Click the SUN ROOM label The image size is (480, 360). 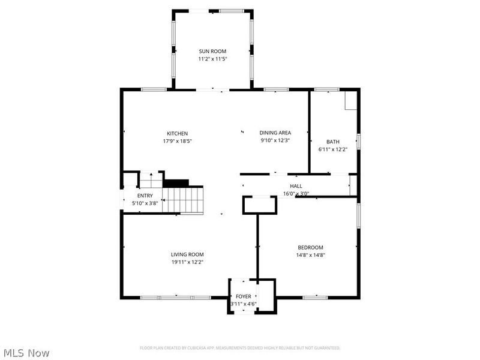click(212, 52)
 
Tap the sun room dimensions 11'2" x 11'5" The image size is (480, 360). click(212, 59)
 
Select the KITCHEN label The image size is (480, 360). click(178, 133)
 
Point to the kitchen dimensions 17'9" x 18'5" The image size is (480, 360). click(178, 141)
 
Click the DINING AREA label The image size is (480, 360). click(275, 133)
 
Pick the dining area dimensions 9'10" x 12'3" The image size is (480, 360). click(275, 140)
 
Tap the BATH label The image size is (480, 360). click(332, 142)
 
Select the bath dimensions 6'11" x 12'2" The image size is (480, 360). click(332, 149)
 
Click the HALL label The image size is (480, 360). click(296, 186)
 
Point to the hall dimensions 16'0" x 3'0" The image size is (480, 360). click(296, 194)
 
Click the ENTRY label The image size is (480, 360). click(145, 196)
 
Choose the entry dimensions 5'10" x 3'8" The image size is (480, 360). click(145, 203)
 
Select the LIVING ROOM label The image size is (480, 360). click(187, 254)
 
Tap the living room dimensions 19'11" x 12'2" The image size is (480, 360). click(187, 262)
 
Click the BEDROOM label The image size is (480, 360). click(310, 247)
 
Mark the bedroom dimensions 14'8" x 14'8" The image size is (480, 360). click(310, 255)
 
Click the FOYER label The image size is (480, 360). click(243, 296)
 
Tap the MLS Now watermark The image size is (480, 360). click(26, 353)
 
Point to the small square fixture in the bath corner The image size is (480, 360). click(350, 101)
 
